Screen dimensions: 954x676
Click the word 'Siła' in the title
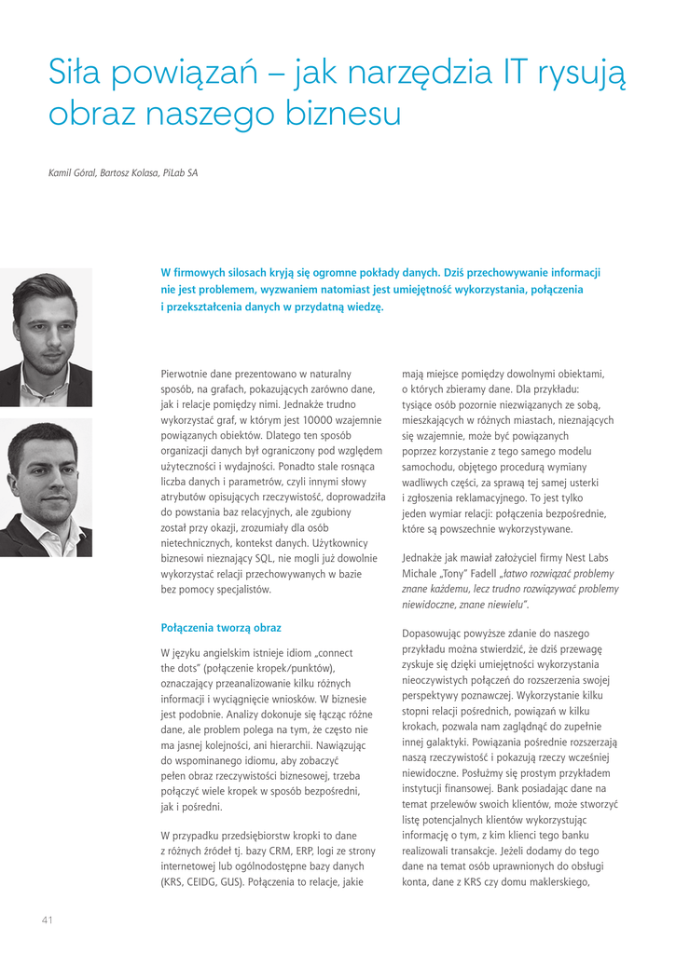pyautogui.click(x=74, y=73)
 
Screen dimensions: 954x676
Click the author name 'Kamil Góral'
pyautogui.click(x=72, y=173)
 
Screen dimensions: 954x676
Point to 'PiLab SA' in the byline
pyautogui.click(x=179, y=173)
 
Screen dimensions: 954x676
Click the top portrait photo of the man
pyautogui.click(x=46, y=337)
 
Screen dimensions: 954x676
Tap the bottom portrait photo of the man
pyautogui.click(x=46, y=487)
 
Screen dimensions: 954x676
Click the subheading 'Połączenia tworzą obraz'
pyautogui.click(x=221, y=628)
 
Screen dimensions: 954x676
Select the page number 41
pyautogui.click(x=47, y=920)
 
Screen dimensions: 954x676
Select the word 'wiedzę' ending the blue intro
pyautogui.click(x=364, y=307)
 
